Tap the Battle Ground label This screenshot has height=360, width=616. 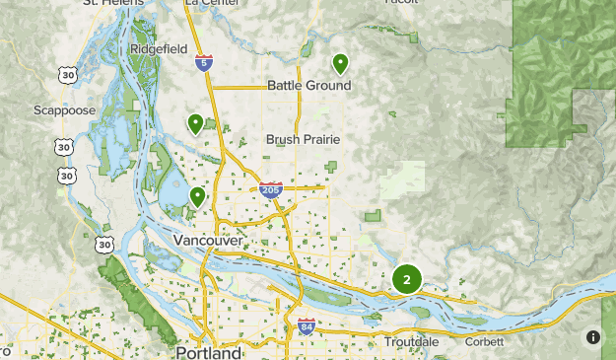click(x=308, y=86)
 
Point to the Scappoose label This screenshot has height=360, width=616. click(x=64, y=110)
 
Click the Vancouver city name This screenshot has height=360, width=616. click(x=207, y=241)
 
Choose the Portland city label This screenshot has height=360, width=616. click(x=208, y=352)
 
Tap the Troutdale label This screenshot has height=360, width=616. click(x=413, y=341)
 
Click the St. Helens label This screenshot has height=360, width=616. click(x=112, y=3)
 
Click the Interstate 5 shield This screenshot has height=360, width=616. click(x=202, y=63)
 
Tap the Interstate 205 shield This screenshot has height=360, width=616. click(x=271, y=188)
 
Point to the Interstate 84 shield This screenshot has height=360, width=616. click(x=307, y=325)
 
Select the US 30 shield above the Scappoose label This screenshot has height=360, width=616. click(x=66, y=75)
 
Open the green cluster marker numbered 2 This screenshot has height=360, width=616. click(x=406, y=279)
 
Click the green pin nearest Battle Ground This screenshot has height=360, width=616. click(x=340, y=64)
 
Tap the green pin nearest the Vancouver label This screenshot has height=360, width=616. click(x=198, y=196)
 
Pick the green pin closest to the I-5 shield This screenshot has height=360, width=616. click(x=195, y=123)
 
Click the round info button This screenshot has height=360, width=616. click(x=592, y=336)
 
